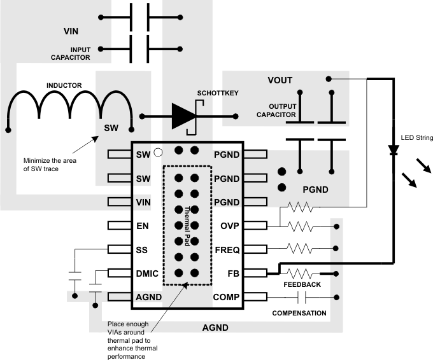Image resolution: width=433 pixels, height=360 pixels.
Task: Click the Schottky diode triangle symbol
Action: click(183, 116)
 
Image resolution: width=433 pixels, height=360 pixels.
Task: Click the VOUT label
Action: click(280, 80)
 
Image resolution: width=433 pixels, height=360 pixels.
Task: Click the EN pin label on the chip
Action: click(142, 225)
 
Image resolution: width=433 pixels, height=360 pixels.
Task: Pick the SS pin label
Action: click(142, 249)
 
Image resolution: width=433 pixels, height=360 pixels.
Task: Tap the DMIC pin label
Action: click(146, 273)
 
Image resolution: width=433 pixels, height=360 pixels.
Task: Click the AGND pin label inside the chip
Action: click(148, 296)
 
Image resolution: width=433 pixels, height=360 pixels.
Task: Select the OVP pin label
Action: click(229, 225)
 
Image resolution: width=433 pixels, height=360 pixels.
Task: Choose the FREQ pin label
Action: click(227, 249)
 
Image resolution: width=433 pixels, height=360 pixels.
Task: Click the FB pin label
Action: click(232, 273)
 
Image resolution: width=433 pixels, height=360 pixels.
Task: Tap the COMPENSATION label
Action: click(299, 313)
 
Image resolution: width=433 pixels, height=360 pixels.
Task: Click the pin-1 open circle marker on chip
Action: click(158, 153)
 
